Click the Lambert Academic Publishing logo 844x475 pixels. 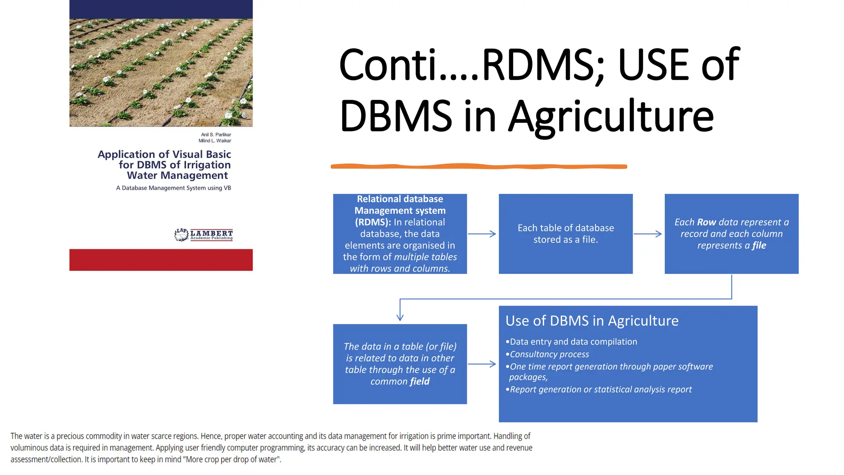204,235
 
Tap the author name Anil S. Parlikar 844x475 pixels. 216,135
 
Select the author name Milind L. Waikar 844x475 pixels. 215,141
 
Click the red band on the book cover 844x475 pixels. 161,260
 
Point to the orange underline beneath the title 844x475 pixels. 478,166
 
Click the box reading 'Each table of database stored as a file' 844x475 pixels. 565,234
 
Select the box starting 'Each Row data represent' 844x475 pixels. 731,234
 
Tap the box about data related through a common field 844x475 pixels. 400,364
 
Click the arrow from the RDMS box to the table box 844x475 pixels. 482,234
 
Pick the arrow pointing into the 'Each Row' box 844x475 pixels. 648,234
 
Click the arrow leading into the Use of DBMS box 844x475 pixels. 482,364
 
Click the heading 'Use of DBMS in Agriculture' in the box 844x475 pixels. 592,321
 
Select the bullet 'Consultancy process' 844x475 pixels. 549,354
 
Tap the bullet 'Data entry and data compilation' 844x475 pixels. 573,342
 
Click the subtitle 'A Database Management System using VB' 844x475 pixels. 173,188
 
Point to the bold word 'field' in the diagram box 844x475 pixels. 420,381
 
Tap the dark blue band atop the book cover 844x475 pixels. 161,9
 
